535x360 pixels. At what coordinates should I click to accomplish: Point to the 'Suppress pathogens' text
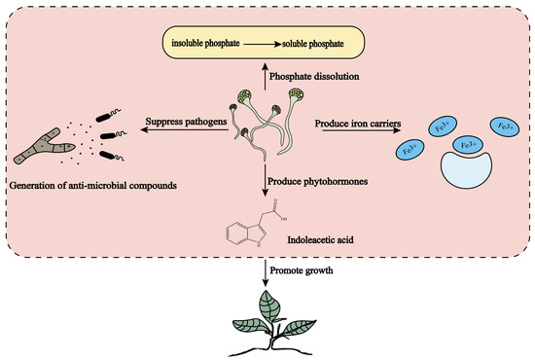pyautogui.click(x=186, y=122)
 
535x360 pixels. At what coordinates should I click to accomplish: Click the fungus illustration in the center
pyautogui.click(x=263, y=122)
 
